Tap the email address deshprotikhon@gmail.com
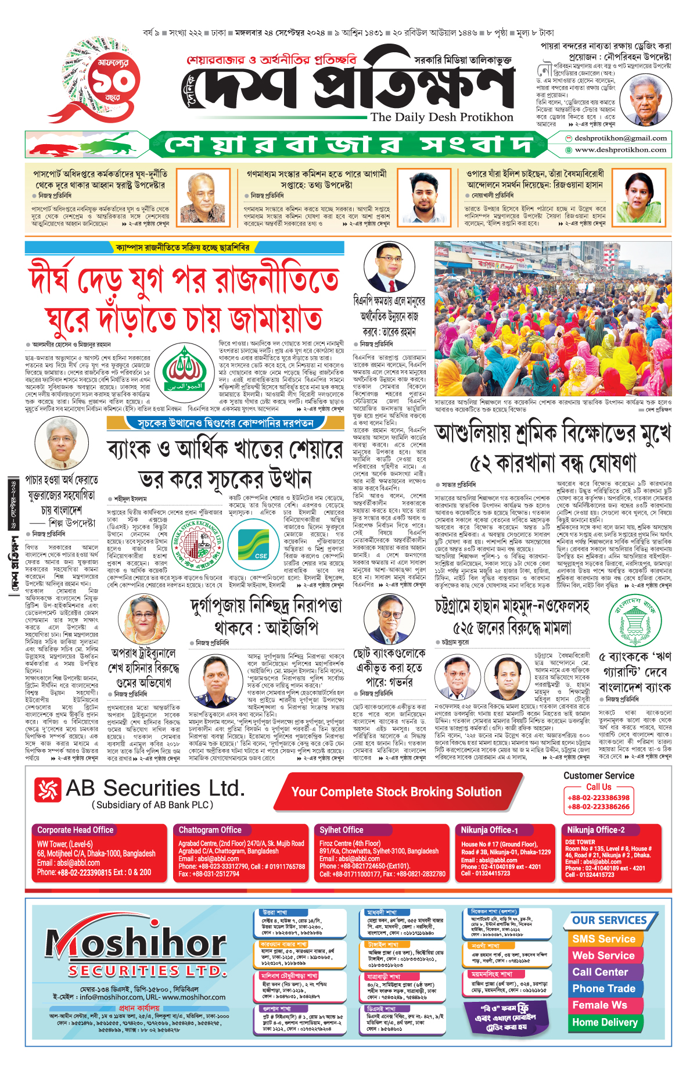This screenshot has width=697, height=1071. tap(620, 138)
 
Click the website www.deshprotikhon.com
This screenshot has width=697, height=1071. tap(620, 150)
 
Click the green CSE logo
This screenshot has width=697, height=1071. tap(260, 545)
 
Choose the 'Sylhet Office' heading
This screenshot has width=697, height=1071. tap(342, 830)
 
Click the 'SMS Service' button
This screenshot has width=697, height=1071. tap(603, 939)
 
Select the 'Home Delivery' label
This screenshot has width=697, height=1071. tap(605, 1022)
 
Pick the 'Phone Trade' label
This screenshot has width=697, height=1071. tap(603, 988)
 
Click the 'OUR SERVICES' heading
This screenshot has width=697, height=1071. tap(609, 920)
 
